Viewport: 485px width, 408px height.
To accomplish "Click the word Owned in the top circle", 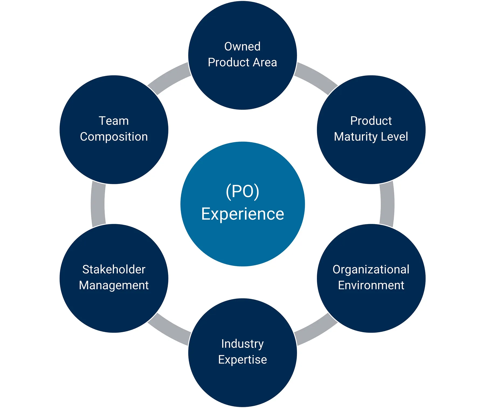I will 242,47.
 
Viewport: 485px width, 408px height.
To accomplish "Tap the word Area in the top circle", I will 265,63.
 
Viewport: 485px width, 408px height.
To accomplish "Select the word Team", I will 114,121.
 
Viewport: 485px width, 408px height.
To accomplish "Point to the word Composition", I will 114,137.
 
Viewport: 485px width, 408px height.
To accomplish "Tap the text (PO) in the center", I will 242,191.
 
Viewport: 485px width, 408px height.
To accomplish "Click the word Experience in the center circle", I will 242,214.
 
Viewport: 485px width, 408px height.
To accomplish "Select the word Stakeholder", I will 114,269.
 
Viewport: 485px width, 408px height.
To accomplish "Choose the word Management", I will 114,286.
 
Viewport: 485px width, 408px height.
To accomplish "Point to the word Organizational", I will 371,269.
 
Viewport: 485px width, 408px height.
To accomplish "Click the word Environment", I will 371,285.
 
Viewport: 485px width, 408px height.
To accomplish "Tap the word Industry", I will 242,344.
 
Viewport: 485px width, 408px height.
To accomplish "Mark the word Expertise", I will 242,360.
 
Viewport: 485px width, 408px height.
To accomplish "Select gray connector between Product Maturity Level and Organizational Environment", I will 387,204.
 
